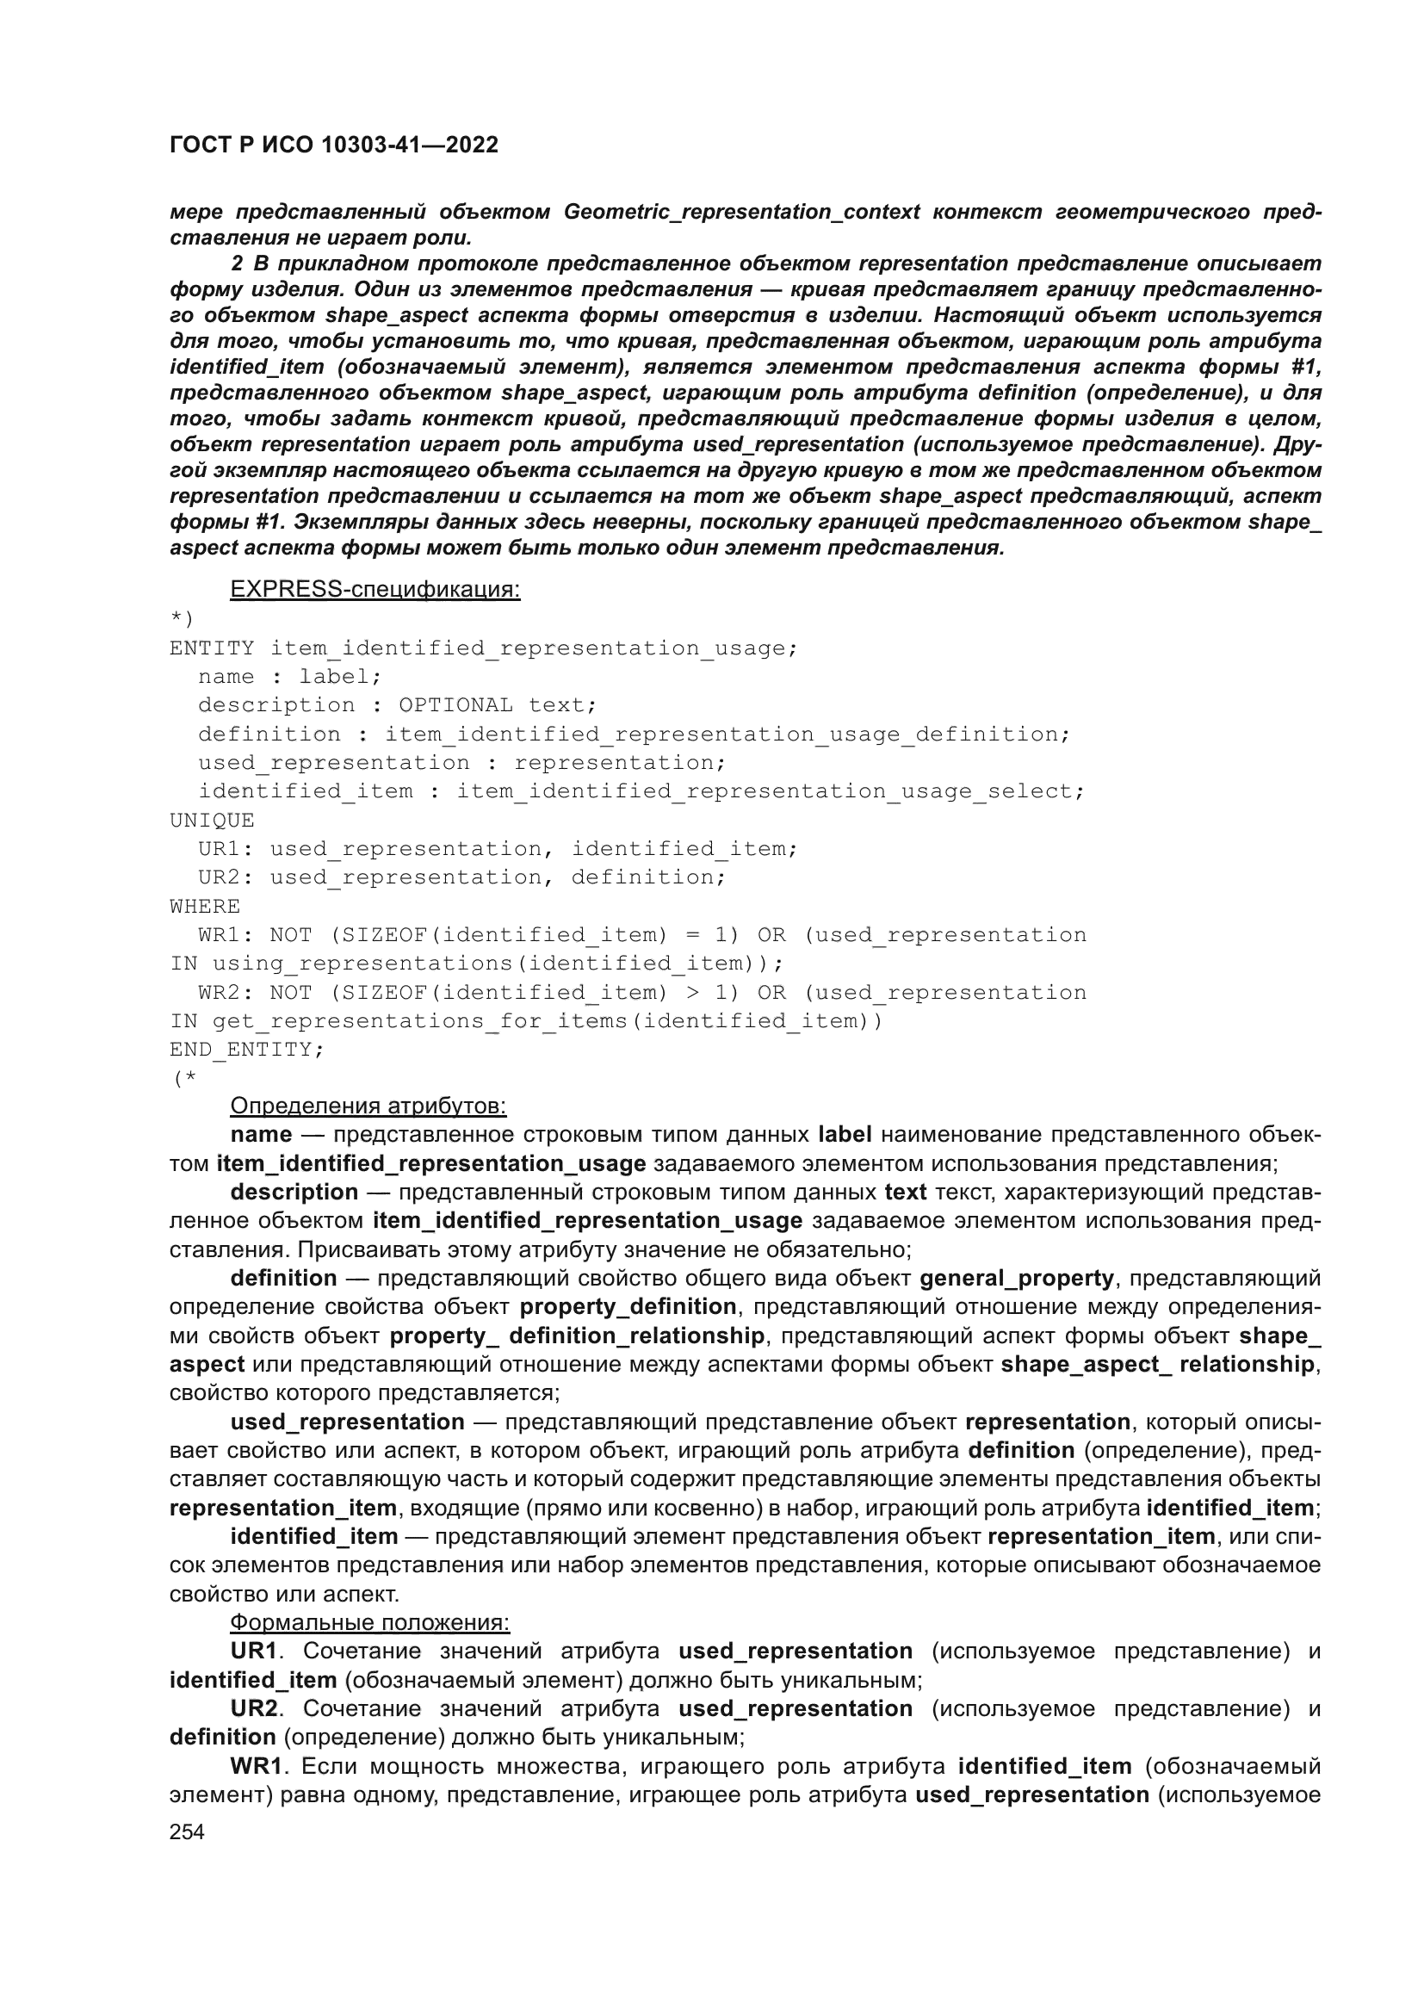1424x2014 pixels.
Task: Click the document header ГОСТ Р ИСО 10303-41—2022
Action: [x=333, y=146]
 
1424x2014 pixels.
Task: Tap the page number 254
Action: [x=187, y=1831]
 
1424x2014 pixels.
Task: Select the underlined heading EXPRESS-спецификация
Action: [x=375, y=590]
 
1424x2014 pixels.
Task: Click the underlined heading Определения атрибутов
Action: [x=368, y=1106]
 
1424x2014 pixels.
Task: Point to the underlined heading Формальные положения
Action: [x=369, y=1623]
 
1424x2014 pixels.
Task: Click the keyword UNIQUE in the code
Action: [x=211, y=821]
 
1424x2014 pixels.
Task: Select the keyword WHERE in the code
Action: [x=204, y=906]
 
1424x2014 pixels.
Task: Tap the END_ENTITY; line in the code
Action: [x=246, y=1049]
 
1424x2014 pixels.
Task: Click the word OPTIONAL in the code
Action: [x=456, y=705]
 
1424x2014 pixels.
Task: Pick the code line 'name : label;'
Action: [x=289, y=676]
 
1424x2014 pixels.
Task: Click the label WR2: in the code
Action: [x=226, y=992]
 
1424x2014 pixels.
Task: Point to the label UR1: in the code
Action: [x=226, y=849]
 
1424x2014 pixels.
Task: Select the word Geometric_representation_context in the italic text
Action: [x=742, y=213]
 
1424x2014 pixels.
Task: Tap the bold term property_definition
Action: [x=628, y=1307]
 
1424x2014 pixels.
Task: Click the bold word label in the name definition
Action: [x=845, y=1135]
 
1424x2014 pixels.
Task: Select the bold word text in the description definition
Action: [x=905, y=1192]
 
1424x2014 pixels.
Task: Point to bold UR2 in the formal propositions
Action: [x=253, y=1708]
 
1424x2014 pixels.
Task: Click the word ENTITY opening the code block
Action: [x=211, y=648]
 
